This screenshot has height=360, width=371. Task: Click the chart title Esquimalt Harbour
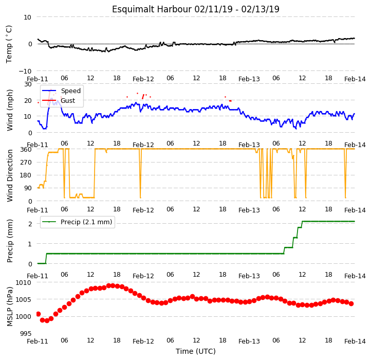[x=152, y=9]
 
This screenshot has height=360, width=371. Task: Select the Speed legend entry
[x=61, y=91]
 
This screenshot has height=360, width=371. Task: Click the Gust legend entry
[x=59, y=100]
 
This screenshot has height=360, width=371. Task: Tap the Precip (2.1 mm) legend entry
[x=77, y=222]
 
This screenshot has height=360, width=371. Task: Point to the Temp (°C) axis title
[x=9, y=44]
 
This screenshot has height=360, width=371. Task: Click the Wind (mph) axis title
[x=10, y=110]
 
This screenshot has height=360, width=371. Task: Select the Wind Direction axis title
[x=10, y=175]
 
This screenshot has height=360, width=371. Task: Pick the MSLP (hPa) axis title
[x=10, y=307]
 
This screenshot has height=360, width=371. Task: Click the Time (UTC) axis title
[x=195, y=351]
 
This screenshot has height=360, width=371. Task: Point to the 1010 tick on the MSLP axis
[x=24, y=282]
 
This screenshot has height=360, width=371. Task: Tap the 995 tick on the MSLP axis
[x=26, y=333]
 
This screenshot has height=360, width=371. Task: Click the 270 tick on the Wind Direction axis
[x=26, y=163]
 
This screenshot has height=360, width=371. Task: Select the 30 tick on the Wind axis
[x=28, y=84]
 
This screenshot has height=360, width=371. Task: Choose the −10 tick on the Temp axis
[x=25, y=71]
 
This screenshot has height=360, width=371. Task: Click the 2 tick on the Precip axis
[x=30, y=224]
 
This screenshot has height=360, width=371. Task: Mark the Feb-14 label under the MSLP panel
[x=355, y=341]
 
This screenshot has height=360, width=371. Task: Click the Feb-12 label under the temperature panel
[x=143, y=79]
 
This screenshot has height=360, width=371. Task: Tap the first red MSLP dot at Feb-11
[x=39, y=314]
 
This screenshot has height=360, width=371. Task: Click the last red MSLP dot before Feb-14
[x=351, y=303]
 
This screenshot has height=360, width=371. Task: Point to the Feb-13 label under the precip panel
[x=249, y=276]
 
